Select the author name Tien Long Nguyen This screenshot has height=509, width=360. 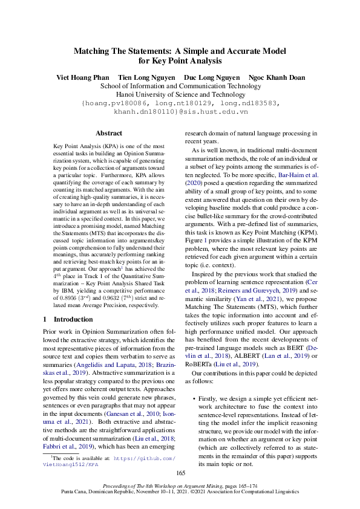146,77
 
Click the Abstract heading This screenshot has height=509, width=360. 109,133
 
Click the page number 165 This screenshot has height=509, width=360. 180,473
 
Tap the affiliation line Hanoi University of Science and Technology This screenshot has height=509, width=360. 180,94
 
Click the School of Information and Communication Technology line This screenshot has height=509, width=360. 180,86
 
